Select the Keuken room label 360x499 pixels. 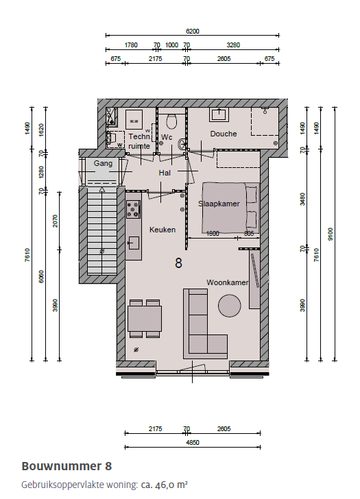coord(163,230)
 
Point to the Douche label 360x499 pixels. coord(224,134)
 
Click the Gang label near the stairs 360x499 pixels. coord(103,163)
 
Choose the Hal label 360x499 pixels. coord(165,173)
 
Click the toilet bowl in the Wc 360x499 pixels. coord(171,122)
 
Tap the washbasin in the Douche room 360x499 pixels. coord(221,113)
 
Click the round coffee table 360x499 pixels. coord(229,305)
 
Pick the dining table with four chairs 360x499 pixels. coord(144,319)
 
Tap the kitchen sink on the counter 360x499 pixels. coord(133,243)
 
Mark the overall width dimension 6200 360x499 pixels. coord(193,32)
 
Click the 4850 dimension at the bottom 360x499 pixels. coord(193,443)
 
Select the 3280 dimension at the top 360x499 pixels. coord(233,45)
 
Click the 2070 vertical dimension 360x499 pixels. coord(55,221)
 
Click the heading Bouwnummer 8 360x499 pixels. coord(67,466)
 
